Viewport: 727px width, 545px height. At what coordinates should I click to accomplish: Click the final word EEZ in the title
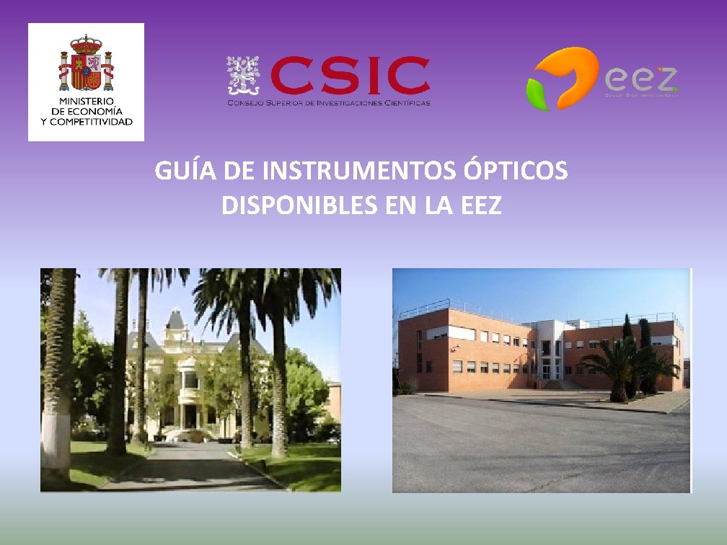pos(479,205)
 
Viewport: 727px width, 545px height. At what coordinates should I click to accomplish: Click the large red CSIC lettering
pos(349,76)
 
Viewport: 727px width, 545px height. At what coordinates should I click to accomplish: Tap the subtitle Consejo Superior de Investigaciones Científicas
pos(329,103)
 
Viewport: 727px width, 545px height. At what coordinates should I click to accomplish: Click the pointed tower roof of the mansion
pos(175,319)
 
